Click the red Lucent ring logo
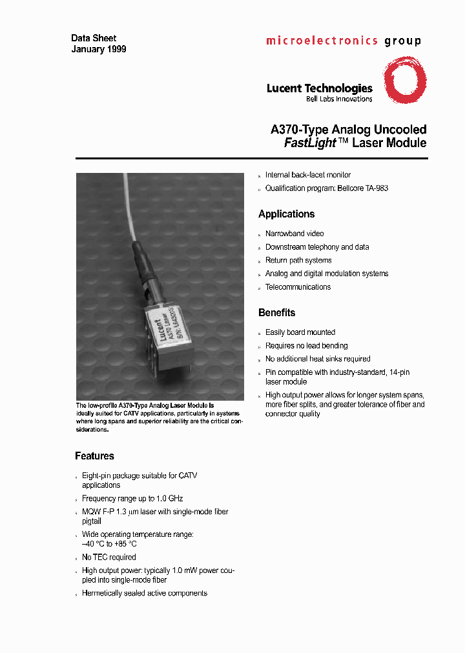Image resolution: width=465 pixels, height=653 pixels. [405, 80]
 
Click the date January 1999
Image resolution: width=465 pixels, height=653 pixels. [98, 49]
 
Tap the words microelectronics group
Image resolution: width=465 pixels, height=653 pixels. [343, 41]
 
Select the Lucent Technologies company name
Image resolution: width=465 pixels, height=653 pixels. [319, 88]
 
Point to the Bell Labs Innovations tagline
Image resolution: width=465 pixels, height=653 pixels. [338, 99]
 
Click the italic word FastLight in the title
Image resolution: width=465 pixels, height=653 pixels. [310, 143]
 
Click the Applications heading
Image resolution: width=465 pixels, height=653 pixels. [286, 214]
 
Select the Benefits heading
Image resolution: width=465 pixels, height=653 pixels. [276, 313]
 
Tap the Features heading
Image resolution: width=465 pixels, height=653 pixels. [94, 456]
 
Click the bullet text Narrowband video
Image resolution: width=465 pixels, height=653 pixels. [294, 234]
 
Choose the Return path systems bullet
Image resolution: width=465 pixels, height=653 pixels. [298, 260]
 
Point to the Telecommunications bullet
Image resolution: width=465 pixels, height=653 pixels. [298, 287]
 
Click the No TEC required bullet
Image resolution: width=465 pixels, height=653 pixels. [108, 557]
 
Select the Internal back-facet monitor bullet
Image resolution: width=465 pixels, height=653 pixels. [308, 175]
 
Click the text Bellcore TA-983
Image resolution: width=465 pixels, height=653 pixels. [364, 188]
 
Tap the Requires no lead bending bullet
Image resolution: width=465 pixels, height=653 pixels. [306, 346]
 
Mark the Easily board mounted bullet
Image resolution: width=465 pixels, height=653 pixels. [300, 332]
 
